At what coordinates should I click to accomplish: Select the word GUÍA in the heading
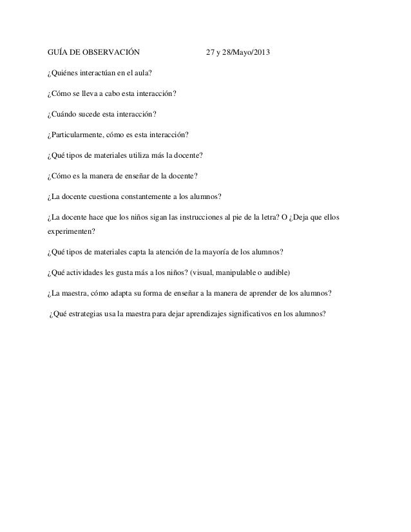coord(59,52)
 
